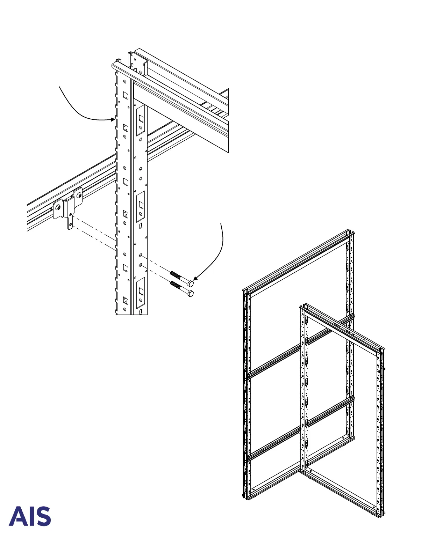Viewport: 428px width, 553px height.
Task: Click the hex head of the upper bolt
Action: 191,283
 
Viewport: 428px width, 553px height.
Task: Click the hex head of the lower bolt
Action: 191,293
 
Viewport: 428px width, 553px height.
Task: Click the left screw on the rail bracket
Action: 58,207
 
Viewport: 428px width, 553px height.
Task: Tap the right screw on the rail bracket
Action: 79,195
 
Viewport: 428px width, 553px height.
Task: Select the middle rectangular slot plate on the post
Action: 141,206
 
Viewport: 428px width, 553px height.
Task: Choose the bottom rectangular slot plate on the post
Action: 141,292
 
